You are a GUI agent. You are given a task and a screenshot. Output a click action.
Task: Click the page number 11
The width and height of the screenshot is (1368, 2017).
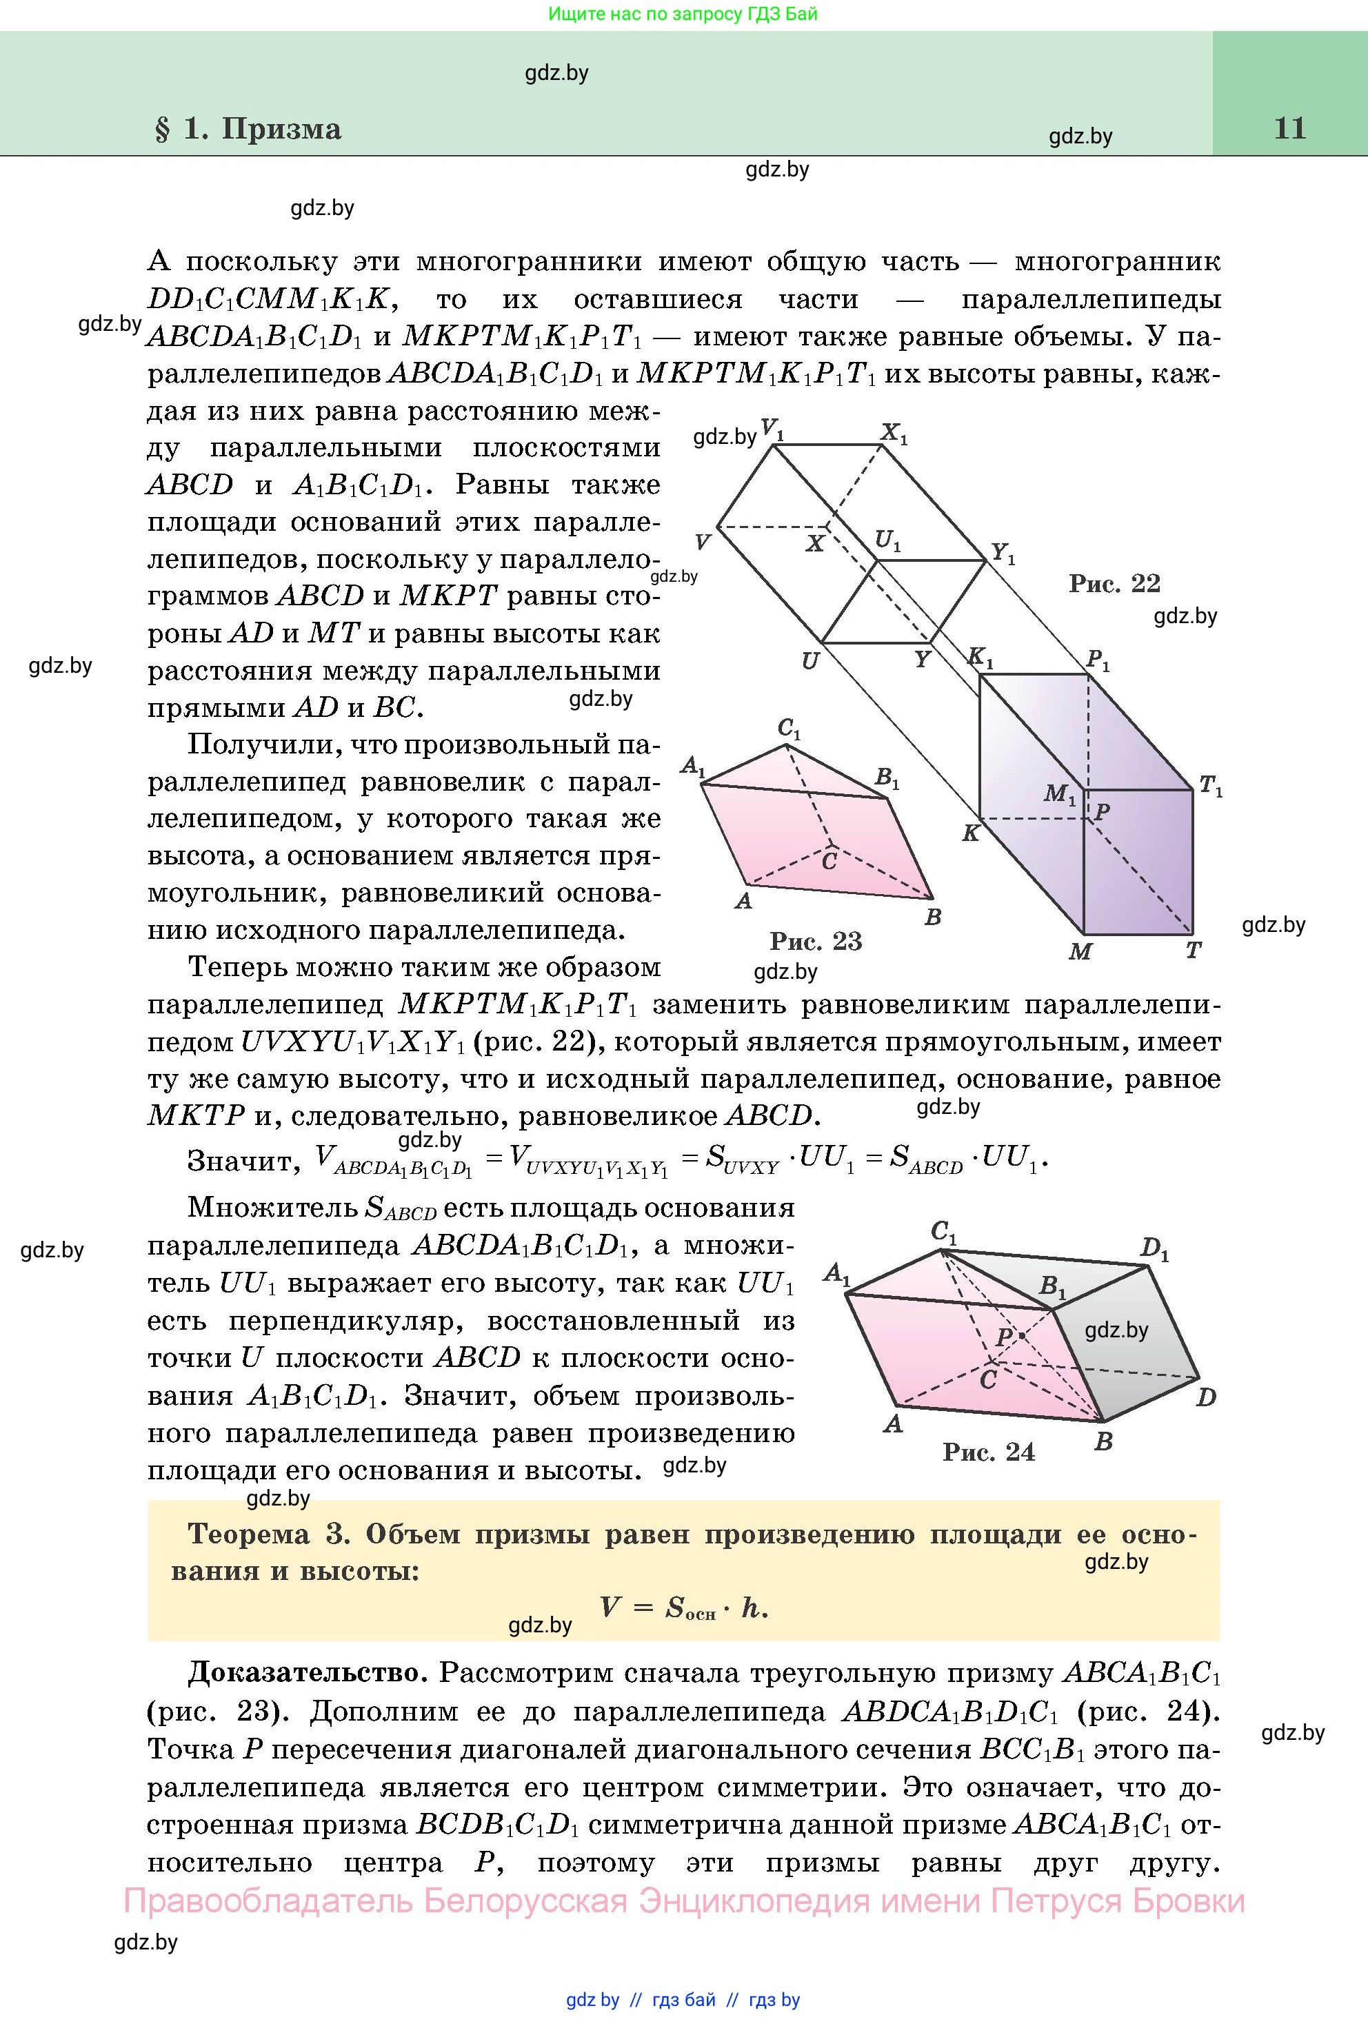[1290, 128]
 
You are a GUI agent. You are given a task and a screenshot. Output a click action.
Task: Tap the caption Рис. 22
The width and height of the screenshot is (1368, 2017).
[1114, 582]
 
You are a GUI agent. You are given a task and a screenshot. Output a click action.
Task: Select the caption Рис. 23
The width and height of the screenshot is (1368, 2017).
[815, 941]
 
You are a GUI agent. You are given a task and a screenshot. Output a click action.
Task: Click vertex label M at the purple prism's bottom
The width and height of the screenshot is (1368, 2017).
[1080, 952]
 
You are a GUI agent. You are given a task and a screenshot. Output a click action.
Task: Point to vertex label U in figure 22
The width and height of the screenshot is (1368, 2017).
[810, 661]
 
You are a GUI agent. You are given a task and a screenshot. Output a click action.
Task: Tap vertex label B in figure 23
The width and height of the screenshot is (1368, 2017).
[933, 917]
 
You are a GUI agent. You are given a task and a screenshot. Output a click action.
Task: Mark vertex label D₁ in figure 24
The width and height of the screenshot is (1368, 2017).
[1154, 1250]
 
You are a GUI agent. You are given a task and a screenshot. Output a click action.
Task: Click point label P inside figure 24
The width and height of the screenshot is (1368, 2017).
[1005, 1337]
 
